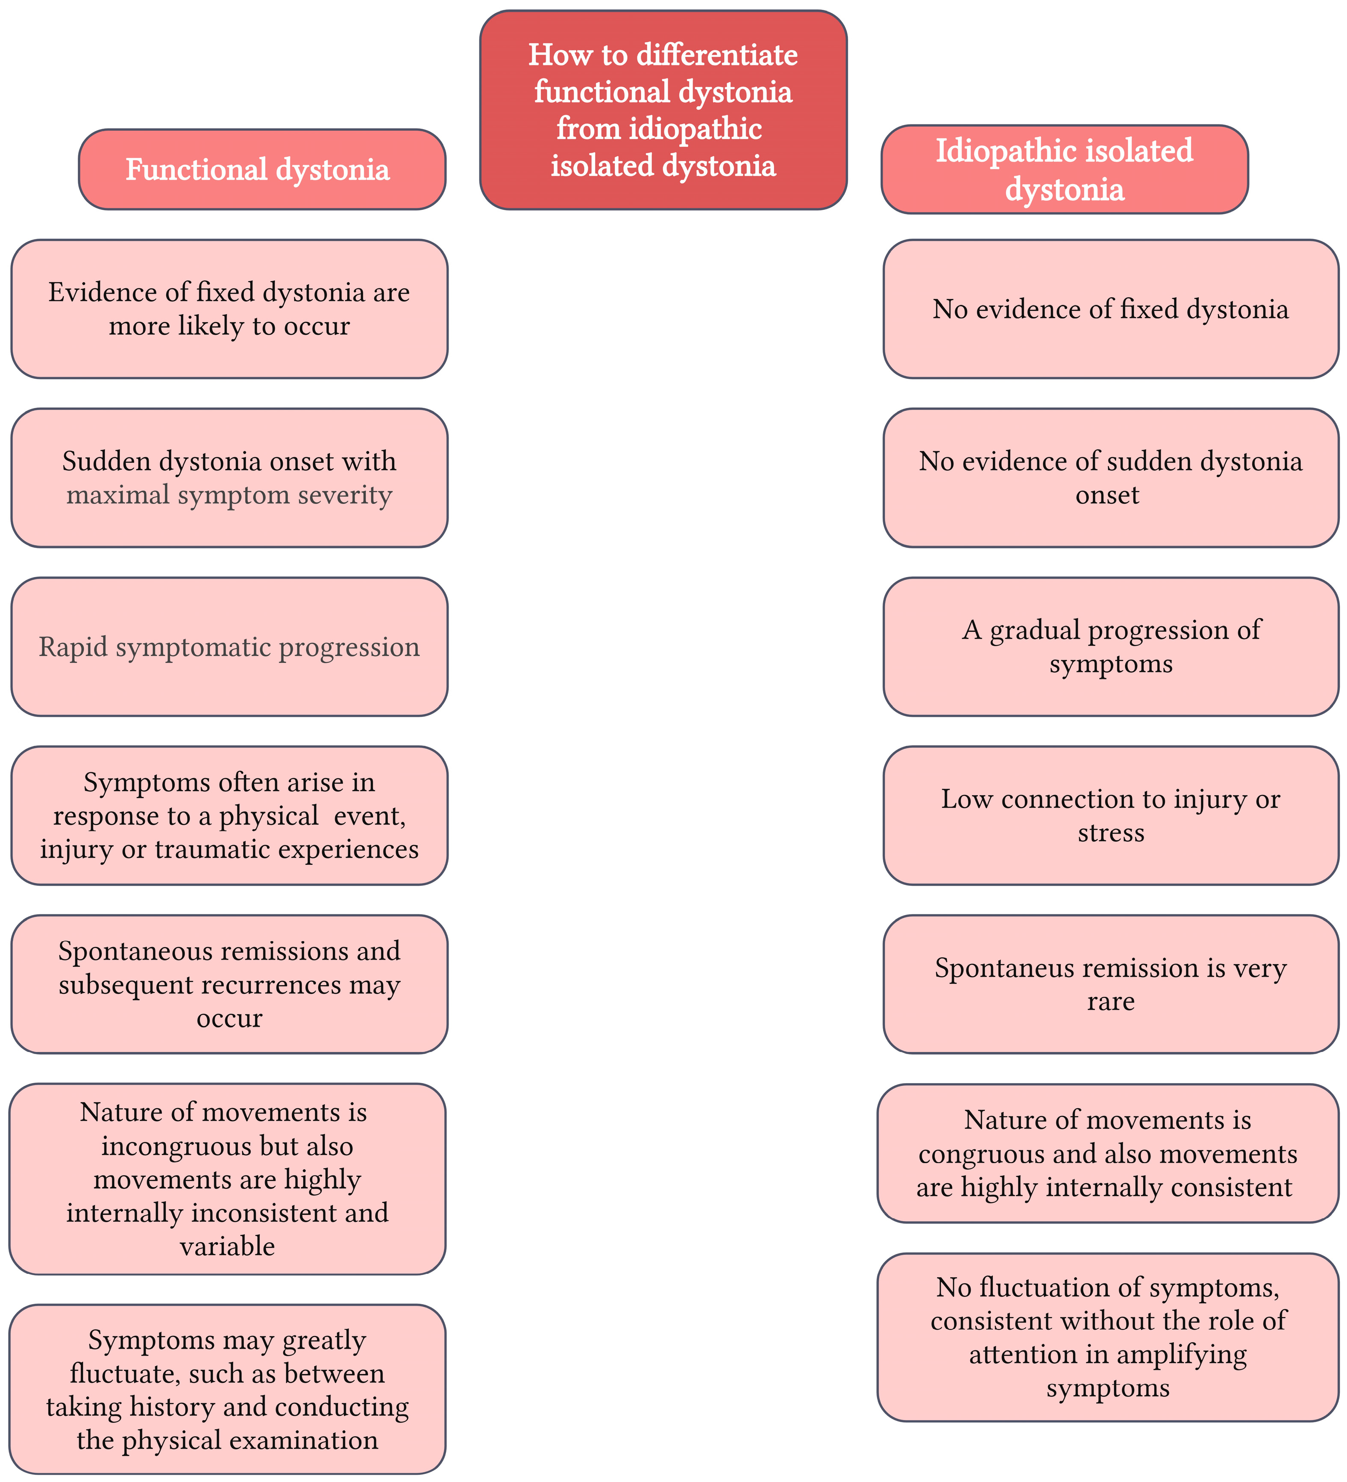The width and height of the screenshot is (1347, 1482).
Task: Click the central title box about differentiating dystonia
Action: point(663,110)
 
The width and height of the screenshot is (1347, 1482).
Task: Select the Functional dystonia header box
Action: point(261,170)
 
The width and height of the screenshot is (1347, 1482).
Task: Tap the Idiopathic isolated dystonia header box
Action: point(1064,170)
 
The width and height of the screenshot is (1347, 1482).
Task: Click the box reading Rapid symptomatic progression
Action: point(229,647)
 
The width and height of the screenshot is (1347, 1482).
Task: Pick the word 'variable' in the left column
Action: point(227,1247)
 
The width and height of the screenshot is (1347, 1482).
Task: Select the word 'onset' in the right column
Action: point(1107,495)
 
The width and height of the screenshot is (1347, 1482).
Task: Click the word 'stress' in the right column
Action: point(1111,833)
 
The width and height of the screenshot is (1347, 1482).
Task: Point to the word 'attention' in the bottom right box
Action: point(1022,1355)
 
